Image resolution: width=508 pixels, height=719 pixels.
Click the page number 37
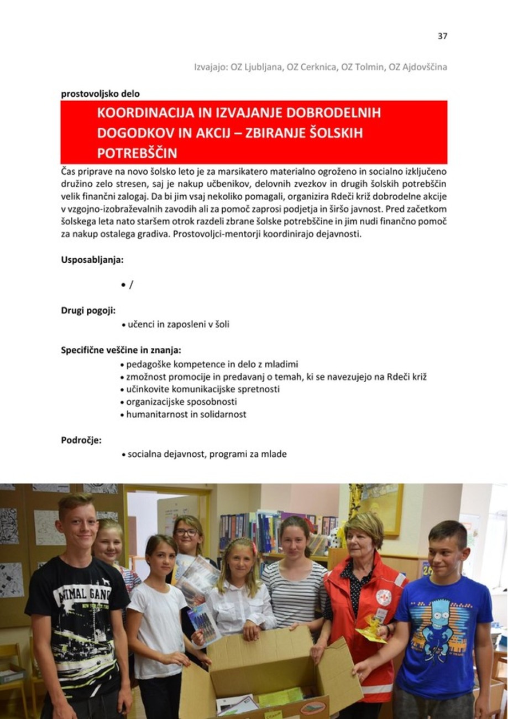(442, 37)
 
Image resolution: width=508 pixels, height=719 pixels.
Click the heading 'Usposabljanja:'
(92, 259)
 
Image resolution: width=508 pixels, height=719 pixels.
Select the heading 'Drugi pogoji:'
(88, 310)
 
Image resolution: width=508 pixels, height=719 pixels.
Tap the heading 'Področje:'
(81, 440)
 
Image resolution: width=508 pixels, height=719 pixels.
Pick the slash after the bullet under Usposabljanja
(131, 285)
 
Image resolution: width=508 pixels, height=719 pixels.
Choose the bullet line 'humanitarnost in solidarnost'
(186, 414)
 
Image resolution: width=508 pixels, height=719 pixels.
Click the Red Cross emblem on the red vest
(383, 597)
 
